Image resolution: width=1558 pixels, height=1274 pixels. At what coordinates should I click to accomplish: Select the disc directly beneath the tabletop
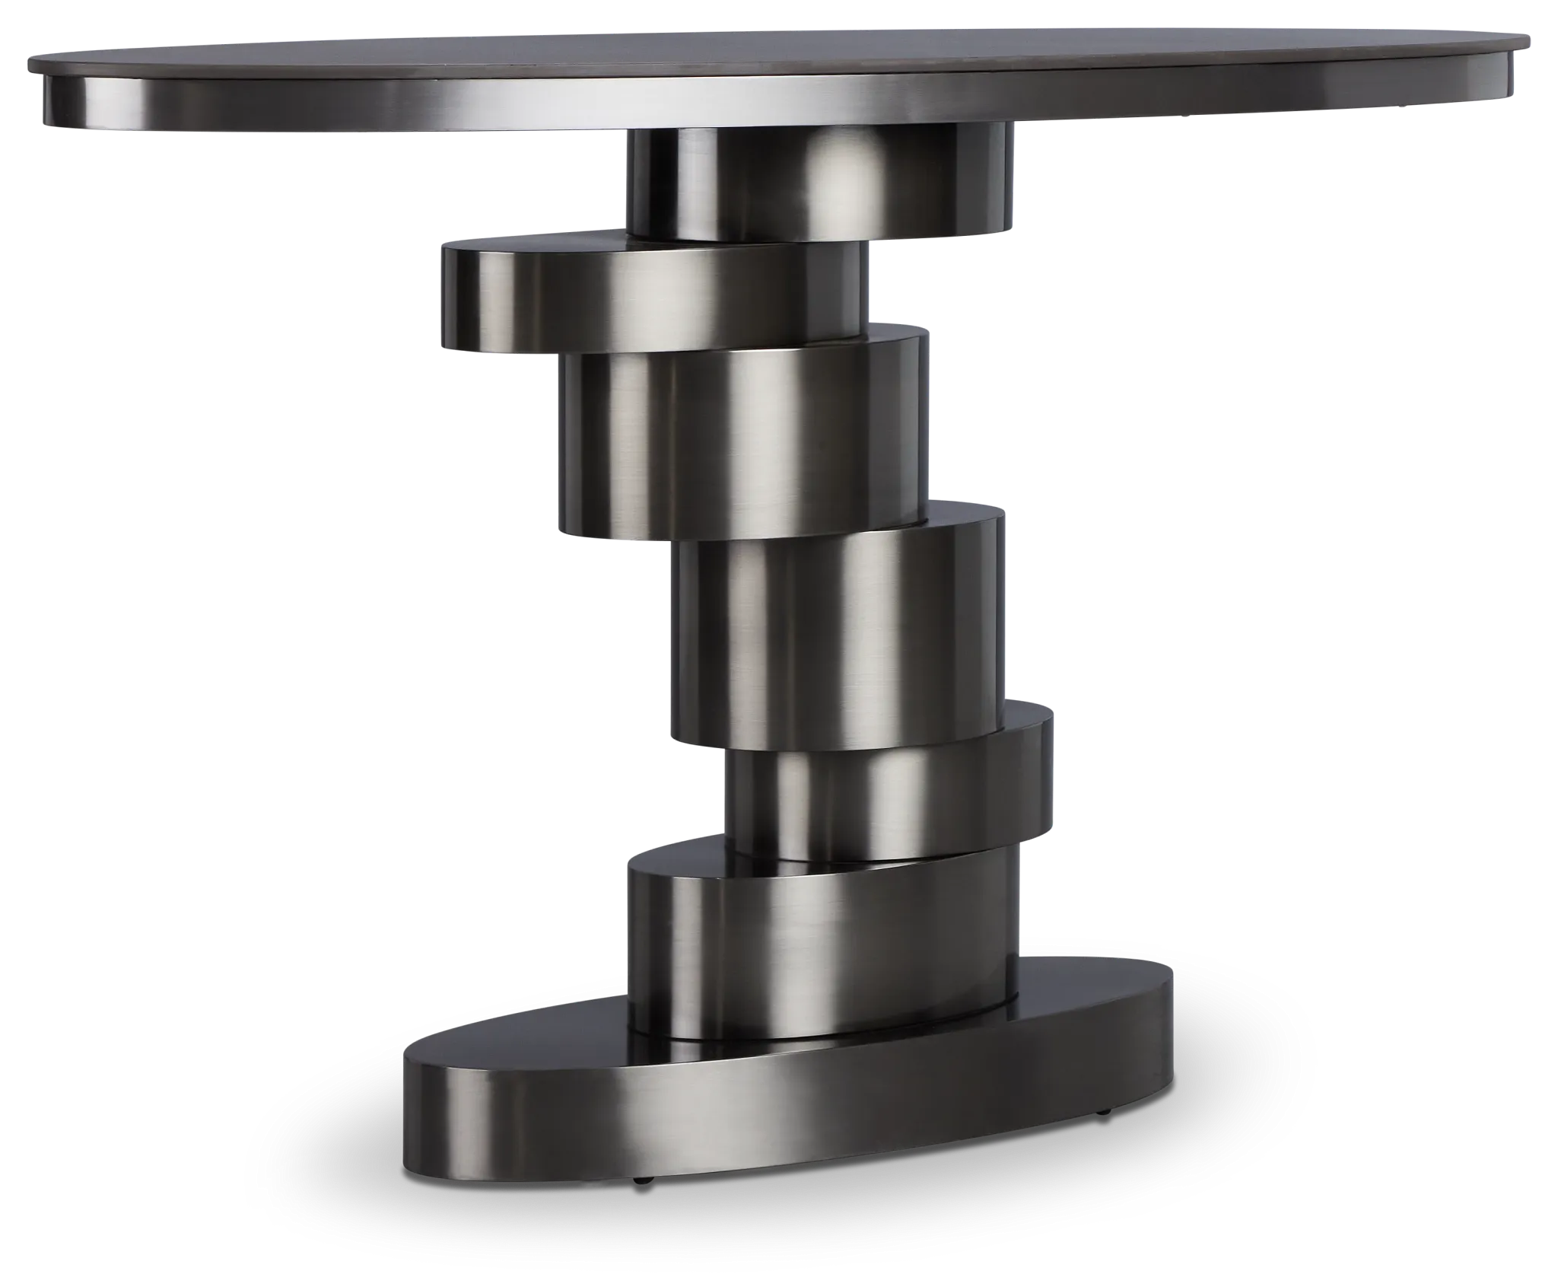(818, 183)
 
